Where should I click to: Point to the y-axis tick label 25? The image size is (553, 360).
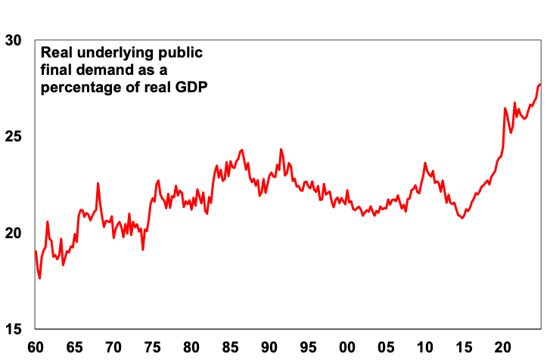[14, 136]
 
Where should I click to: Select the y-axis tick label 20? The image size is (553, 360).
[14, 233]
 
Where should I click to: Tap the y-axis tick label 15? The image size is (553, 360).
[14, 329]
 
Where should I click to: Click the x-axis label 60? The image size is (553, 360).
[36, 348]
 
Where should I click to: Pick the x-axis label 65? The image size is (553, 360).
[74, 348]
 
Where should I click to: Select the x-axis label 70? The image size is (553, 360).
[113, 348]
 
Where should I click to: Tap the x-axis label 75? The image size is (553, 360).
[153, 348]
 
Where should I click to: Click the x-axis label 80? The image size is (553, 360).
[191, 348]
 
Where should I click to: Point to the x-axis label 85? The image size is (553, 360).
[231, 348]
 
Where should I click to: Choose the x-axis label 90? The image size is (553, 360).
[269, 348]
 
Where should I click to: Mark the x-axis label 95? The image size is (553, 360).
[309, 348]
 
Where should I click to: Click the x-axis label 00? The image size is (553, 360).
[347, 348]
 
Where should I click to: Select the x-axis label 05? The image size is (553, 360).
[387, 348]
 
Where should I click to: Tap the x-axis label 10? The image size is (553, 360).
[425, 348]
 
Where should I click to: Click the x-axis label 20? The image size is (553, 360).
[503, 348]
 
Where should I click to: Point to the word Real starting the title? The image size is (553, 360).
[56, 53]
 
